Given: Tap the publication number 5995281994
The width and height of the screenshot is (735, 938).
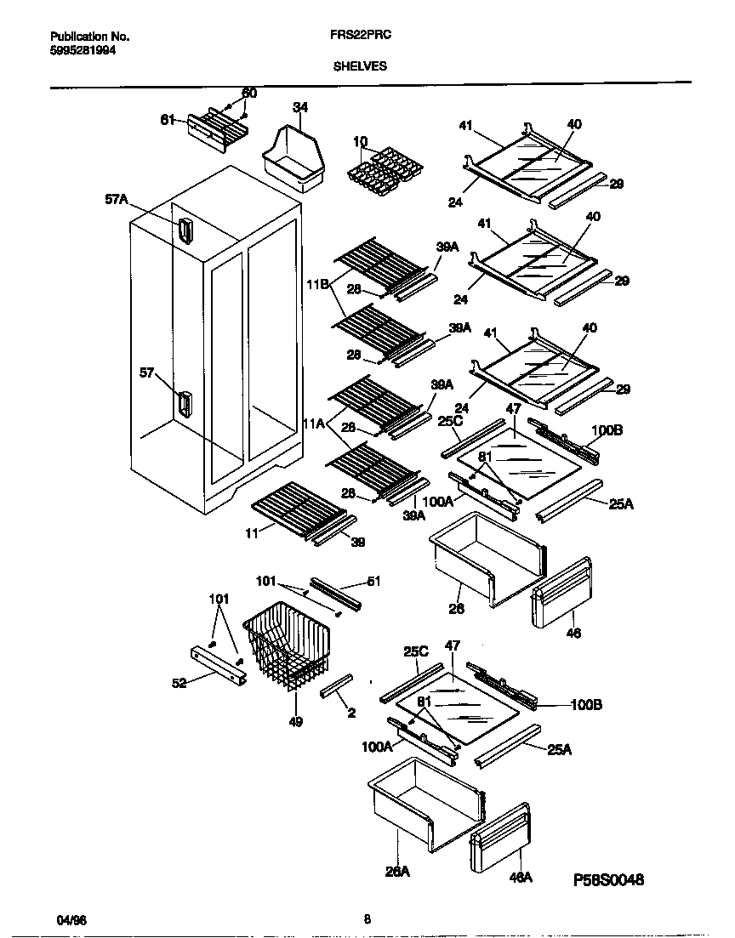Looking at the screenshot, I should coord(83,50).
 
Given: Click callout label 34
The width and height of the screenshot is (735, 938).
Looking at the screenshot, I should coord(299,107).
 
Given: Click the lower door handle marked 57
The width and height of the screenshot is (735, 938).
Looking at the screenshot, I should coord(183,405).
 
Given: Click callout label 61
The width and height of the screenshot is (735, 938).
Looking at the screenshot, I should coord(168,120).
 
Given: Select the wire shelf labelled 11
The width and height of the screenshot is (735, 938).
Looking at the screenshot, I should coord(297,508).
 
